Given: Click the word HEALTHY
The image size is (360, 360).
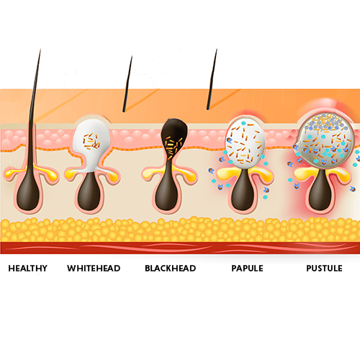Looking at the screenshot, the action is point(28,268).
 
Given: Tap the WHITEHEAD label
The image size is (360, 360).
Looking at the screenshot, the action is point(94,268).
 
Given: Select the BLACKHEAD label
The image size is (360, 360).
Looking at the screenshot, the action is point(171,268).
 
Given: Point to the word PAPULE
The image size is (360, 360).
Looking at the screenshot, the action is point(247,268).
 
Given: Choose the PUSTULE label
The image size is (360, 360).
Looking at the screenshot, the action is point(324,268).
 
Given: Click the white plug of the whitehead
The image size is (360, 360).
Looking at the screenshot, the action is point(91,142).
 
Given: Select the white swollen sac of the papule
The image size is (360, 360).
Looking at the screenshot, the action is point(246,143).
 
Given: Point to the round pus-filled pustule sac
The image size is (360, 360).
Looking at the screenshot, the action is point(325,140).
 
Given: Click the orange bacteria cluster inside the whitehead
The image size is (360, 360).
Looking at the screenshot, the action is point(91,142).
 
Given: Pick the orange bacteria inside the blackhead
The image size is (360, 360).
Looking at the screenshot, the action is point(174,147).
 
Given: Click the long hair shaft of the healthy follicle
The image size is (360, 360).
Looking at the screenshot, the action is point(34,108).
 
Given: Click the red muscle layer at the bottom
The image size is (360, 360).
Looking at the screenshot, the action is point(180,248).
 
